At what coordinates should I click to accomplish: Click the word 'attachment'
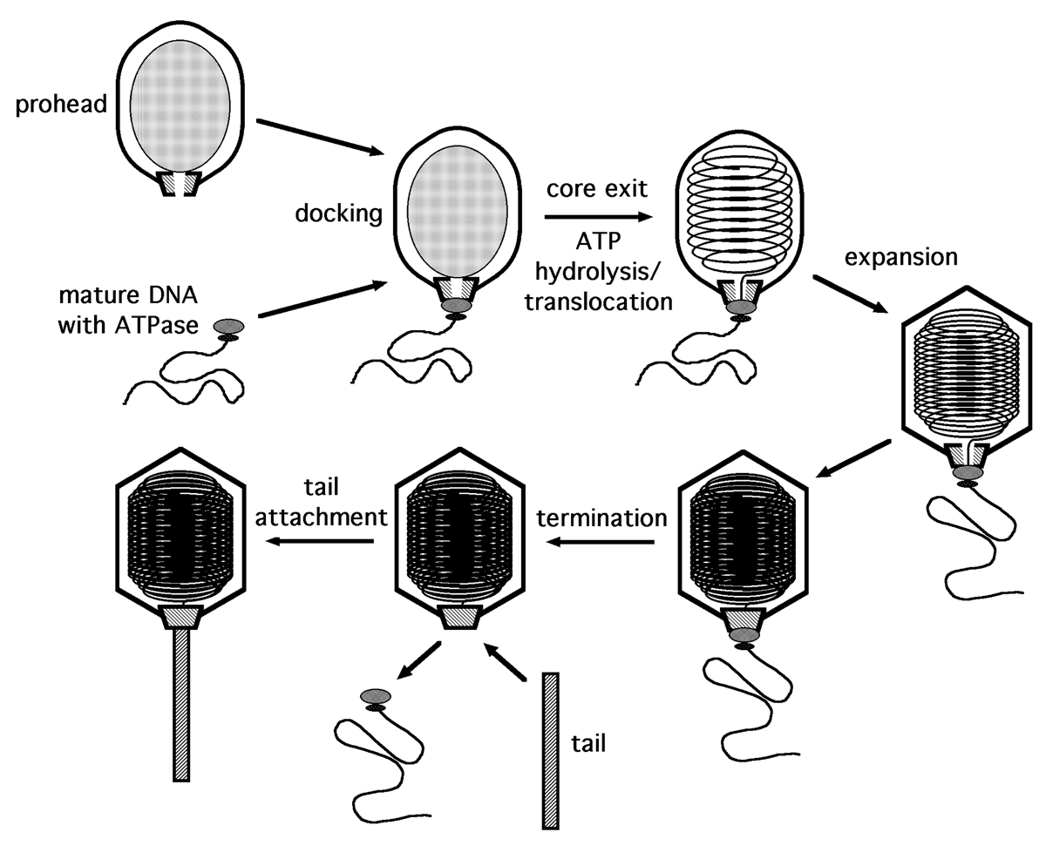(x=327, y=517)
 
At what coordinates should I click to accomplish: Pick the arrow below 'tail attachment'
(x=322, y=542)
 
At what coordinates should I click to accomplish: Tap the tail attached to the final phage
(x=182, y=702)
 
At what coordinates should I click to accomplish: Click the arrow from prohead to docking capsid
(x=322, y=137)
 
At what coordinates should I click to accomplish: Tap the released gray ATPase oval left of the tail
(x=374, y=694)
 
